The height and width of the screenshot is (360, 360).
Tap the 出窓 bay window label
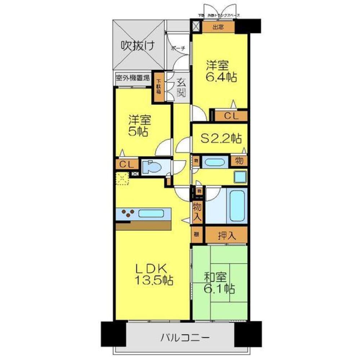coord(218,27)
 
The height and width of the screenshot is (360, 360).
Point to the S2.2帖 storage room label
coord(221,138)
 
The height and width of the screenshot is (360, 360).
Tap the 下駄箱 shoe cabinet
coord(158,87)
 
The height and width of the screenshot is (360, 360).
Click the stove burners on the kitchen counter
coord(128,213)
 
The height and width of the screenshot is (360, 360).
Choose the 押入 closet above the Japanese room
coord(227,236)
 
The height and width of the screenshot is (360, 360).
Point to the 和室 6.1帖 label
coord(220,283)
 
